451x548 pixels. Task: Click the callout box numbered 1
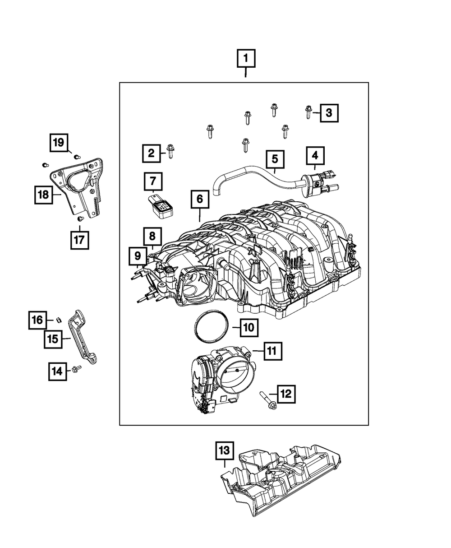pos(246,58)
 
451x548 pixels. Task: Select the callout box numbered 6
pos(200,199)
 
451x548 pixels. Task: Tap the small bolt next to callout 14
pos(76,370)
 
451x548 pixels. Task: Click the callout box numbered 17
pos(79,240)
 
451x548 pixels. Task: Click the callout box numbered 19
pos(59,144)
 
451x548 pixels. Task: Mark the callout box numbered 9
pos(137,255)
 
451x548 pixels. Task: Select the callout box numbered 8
pos(153,236)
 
